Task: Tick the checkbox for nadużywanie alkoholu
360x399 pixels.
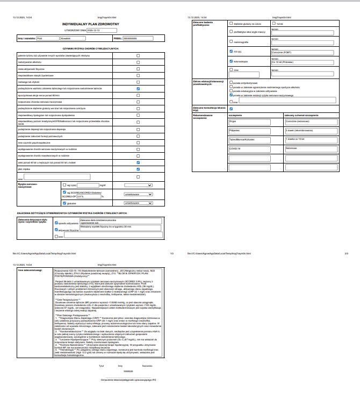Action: coord(138,62)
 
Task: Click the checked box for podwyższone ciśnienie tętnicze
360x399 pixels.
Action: coord(138,88)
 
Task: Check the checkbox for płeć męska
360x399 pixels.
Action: coord(138,168)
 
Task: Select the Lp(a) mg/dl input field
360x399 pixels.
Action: coord(88,184)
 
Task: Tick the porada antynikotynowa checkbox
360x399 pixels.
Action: coord(231,83)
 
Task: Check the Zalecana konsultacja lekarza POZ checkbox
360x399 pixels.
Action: coord(231,109)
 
